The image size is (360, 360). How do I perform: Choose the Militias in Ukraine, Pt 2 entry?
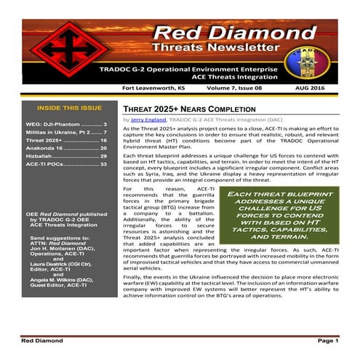(x=66, y=132)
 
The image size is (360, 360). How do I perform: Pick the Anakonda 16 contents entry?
(x=66, y=148)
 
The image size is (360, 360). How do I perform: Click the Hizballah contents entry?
(x=66, y=156)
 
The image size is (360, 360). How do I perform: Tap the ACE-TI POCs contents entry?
(x=66, y=164)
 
